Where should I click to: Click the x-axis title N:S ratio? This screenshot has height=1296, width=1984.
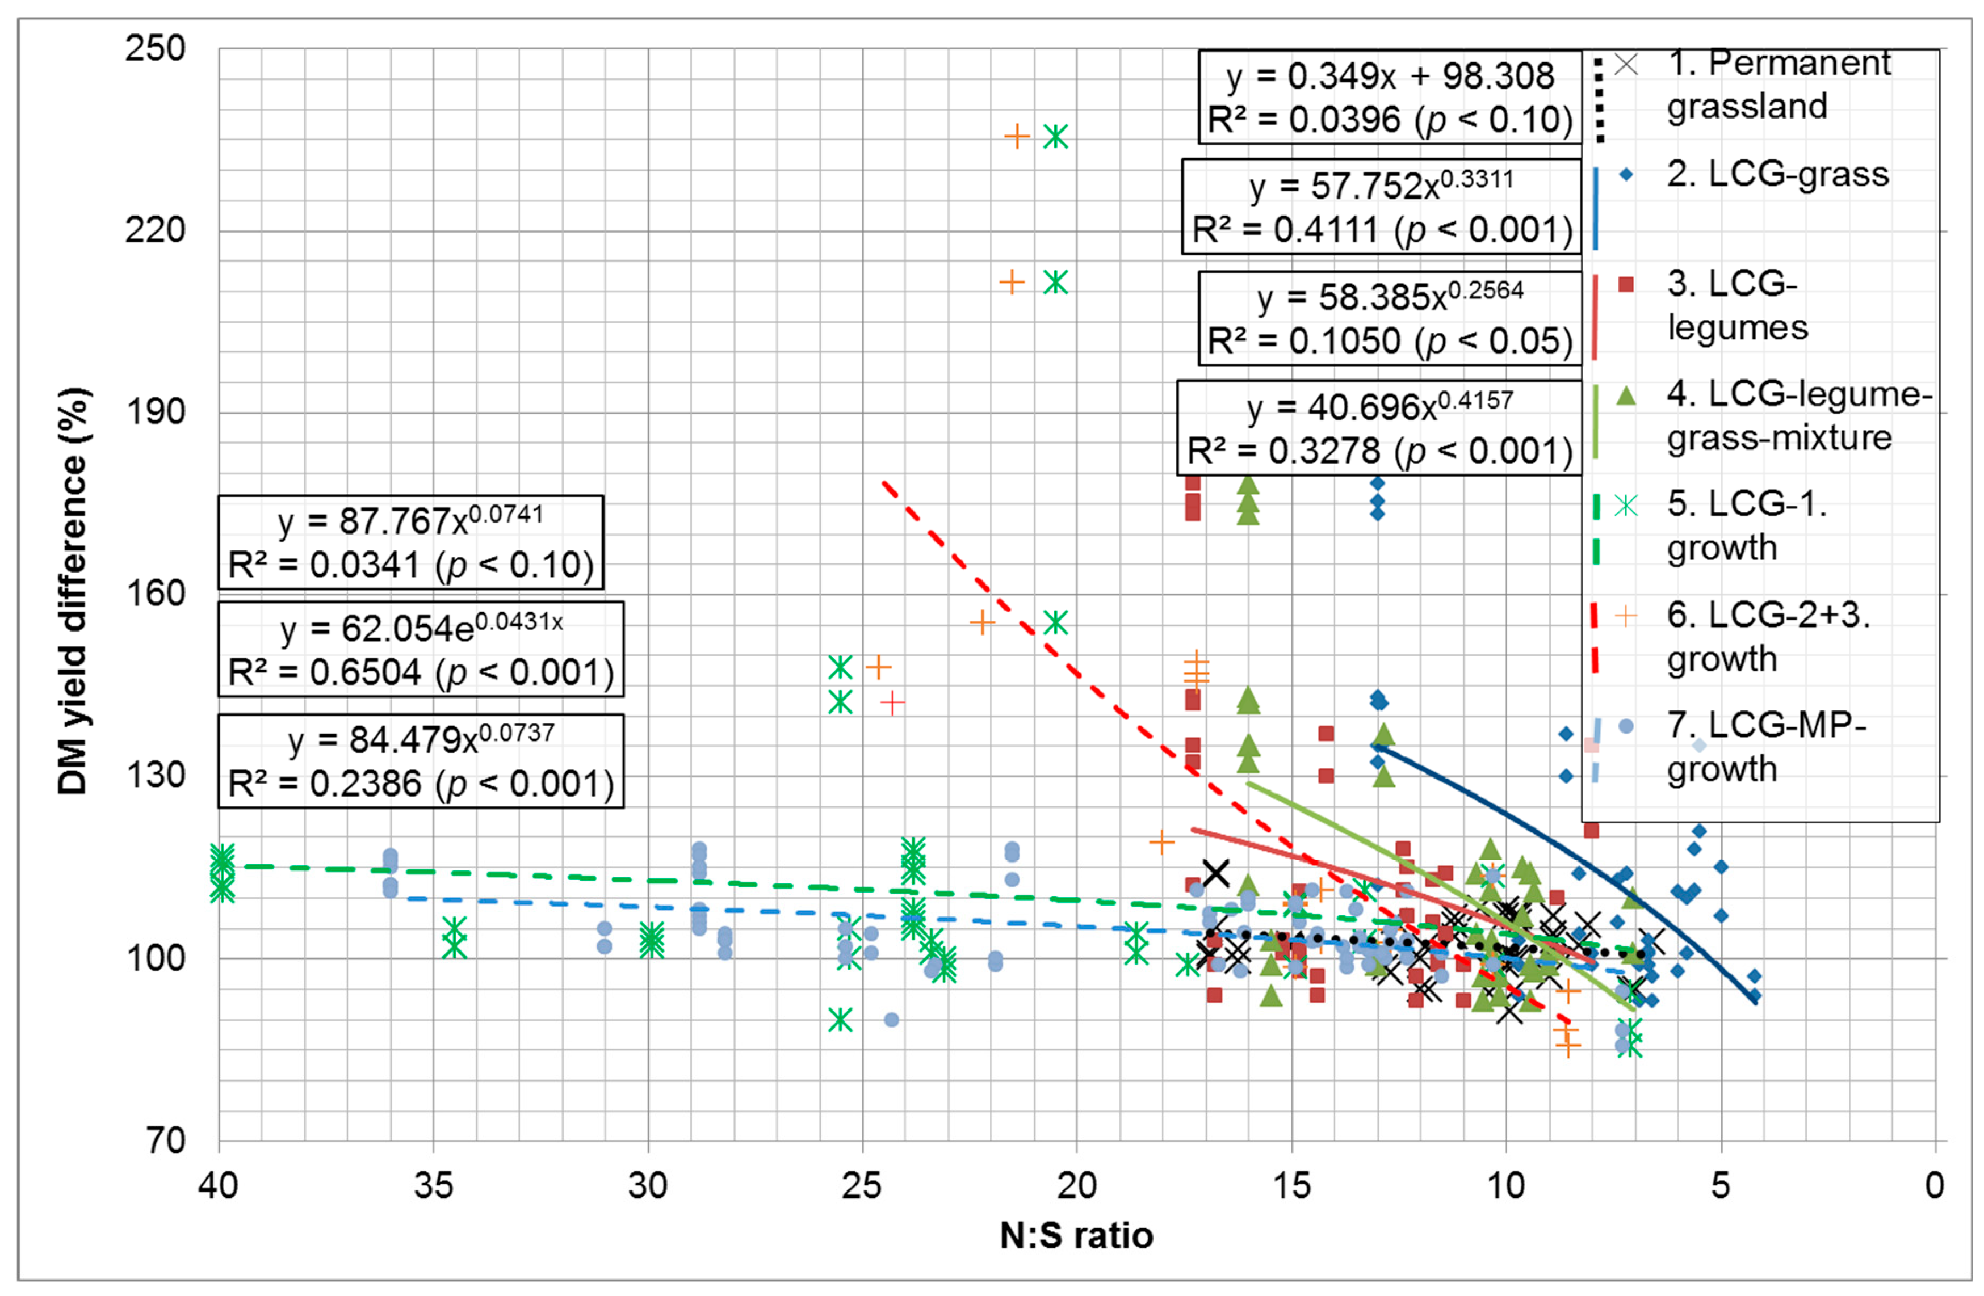pyautogui.click(x=1076, y=1236)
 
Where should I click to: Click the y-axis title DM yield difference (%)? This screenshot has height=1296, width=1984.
pyautogui.click(x=73, y=592)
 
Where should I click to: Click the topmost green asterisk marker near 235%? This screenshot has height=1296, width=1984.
pyautogui.click(x=1055, y=137)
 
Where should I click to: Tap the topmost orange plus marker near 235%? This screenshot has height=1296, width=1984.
pyautogui.click(x=1016, y=136)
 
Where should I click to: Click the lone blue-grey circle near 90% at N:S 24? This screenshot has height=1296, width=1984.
pyautogui.click(x=891, y=1019)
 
